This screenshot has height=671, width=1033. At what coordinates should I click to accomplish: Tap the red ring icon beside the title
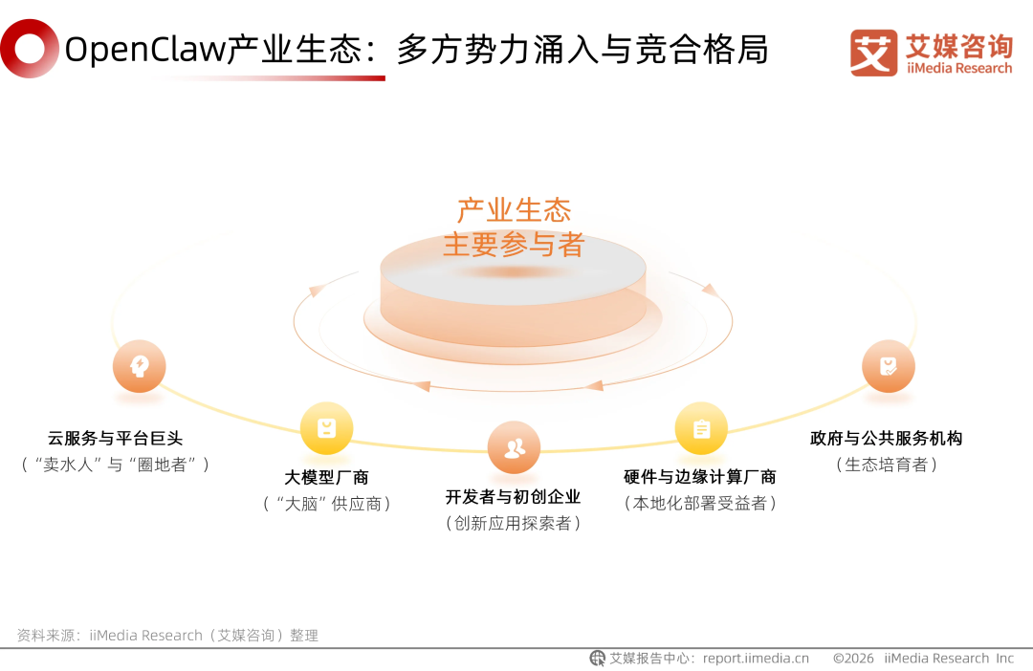(29, 49)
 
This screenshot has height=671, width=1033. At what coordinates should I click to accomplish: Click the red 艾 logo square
(873, 53)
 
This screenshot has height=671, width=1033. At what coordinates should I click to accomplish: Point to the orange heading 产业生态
(514, 210)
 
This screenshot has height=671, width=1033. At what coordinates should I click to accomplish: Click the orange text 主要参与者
(514, 245)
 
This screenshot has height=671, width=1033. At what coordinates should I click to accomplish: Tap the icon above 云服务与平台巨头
(139, 366)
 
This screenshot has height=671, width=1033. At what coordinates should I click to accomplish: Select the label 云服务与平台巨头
(115, 439)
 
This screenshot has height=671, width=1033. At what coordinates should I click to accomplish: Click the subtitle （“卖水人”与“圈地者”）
(115, 465)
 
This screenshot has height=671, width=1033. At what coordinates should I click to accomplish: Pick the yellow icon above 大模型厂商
(326, 427)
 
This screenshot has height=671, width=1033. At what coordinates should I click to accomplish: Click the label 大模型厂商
(326, 477)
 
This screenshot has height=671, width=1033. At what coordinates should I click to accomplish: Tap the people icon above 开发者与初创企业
(514, 447)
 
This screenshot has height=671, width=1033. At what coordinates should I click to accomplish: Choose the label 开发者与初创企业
(513, 497)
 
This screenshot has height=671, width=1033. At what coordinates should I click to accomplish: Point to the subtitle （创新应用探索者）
(513, 523)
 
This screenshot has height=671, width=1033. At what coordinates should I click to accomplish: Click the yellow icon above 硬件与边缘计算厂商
(701, 428)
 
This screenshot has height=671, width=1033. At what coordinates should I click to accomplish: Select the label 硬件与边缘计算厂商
(700, 477)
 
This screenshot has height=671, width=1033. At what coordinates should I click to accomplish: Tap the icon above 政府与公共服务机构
(888, 366)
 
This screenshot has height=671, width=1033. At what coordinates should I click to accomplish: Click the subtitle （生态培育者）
(886, 465)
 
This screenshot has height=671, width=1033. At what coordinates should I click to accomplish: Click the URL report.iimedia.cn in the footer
(756, 659)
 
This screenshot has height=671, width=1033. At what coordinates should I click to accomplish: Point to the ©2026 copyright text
(853, 659)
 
